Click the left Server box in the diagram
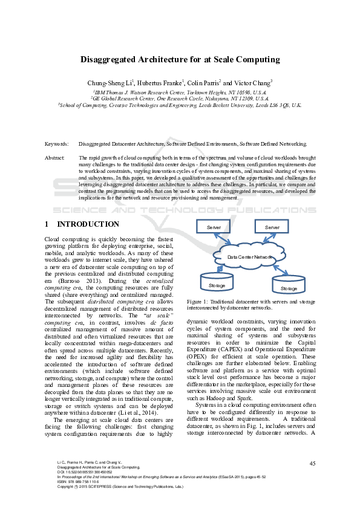(x=214, y=227)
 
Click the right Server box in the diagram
(x=272, y=227)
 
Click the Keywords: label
(x=57, y=144)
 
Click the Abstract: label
(x=55, y=157)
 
